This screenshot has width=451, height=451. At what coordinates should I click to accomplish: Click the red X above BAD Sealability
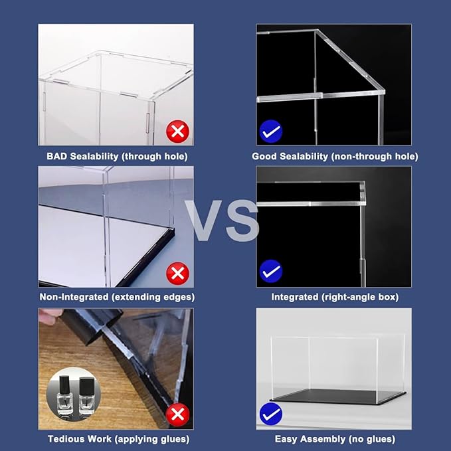[177, 132]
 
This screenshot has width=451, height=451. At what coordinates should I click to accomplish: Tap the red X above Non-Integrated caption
[177, 272]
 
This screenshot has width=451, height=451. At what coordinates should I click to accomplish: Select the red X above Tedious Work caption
[177, 415]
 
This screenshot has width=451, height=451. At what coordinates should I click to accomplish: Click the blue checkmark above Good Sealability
[270, 132]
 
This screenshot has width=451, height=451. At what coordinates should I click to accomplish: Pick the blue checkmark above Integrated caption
[270, 272]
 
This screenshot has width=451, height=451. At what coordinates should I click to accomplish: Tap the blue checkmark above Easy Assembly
[270, 414]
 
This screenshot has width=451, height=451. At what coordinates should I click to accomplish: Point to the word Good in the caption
[264, 157]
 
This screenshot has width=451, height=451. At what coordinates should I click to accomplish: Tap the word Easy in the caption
[286, 439]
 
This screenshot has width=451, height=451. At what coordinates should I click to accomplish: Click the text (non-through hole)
[375, 157]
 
